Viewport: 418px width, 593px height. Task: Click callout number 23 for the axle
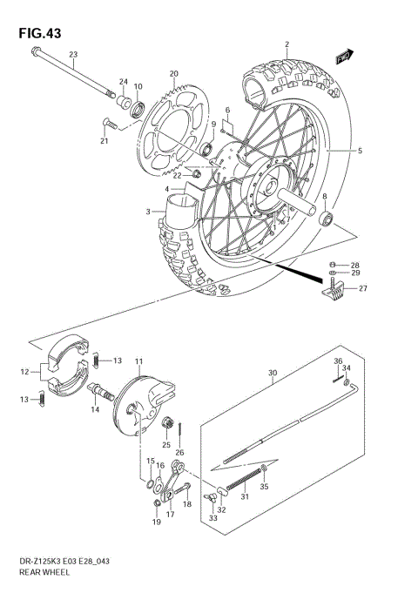tap(74, 55)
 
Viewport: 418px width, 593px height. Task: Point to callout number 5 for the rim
tap(359, 151)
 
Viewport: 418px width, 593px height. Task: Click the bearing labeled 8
tap(327, 218)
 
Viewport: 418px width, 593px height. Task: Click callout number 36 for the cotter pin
tap(338, 361)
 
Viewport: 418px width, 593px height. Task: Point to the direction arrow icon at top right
tap(344, 57)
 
